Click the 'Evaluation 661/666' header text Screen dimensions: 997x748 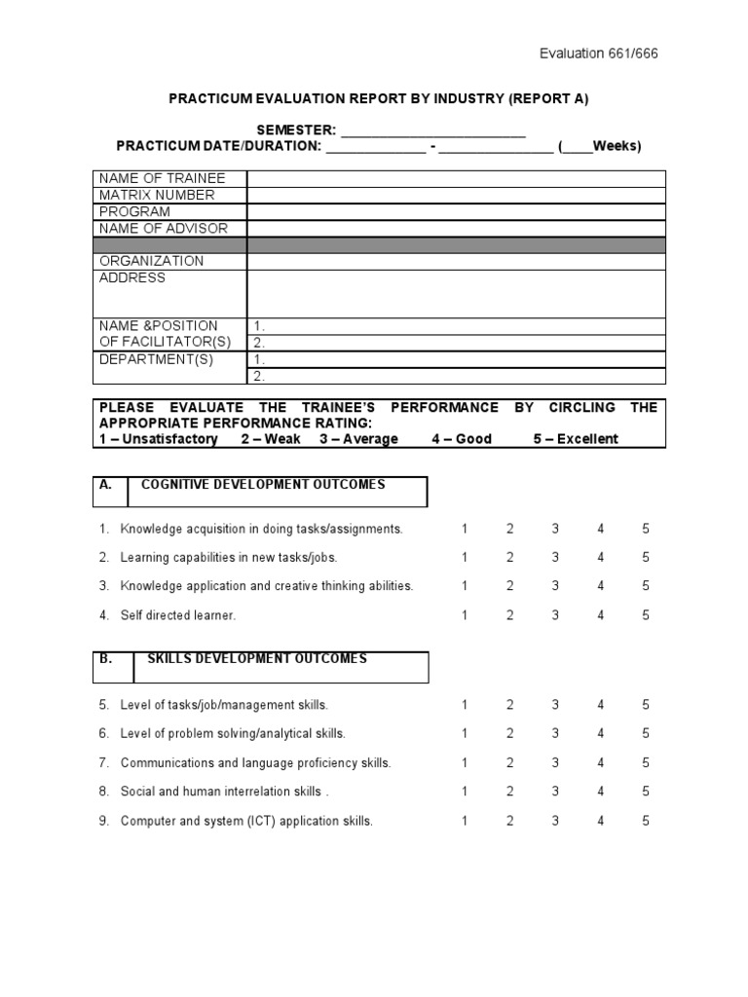tap(599, 54)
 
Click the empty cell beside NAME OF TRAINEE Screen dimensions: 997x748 tap(456, 178)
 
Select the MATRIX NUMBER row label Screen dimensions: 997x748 tap(157, 195)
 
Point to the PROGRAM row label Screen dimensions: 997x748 tap(134, 211)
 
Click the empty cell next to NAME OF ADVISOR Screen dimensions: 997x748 tap(456, 228)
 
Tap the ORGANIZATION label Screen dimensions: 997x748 tap(152, 261)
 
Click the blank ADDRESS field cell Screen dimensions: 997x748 tap(456, 293)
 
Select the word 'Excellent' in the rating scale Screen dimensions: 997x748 tap(587, 439)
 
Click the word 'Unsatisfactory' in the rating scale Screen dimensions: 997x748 tap(169, 439)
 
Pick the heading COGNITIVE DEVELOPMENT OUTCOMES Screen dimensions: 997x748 tap(263, 484)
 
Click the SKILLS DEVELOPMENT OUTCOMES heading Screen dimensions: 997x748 tap(257, 658)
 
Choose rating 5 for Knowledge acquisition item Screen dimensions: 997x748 tap(646, 529)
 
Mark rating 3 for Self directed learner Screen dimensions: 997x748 tap(555, 615)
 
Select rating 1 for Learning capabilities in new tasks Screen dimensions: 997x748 tap(465, 558)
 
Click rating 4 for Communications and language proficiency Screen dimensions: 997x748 tap(601, 762)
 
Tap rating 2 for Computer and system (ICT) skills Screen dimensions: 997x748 tap(509, 821)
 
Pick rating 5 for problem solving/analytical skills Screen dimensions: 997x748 tap(646, 733)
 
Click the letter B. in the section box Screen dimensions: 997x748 tap(106, 658)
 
